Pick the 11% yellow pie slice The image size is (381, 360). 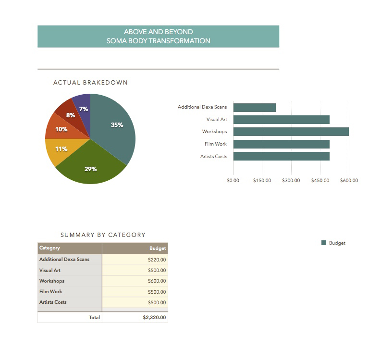60,150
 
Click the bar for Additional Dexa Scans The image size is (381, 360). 254,107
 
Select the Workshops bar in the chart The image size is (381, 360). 291,132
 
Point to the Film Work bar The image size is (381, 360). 281,144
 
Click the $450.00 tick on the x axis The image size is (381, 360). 320,181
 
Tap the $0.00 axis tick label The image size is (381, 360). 233,181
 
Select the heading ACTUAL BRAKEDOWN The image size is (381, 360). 90,83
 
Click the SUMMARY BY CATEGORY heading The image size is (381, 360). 103,235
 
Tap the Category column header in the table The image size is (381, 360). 50,248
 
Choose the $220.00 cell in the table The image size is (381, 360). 157,260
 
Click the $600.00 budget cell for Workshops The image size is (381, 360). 157,281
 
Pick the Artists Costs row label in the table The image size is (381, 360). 53,302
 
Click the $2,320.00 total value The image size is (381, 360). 154,317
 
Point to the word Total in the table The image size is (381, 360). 94,317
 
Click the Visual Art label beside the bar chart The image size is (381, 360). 217,120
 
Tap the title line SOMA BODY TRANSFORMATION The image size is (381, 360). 158,41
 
